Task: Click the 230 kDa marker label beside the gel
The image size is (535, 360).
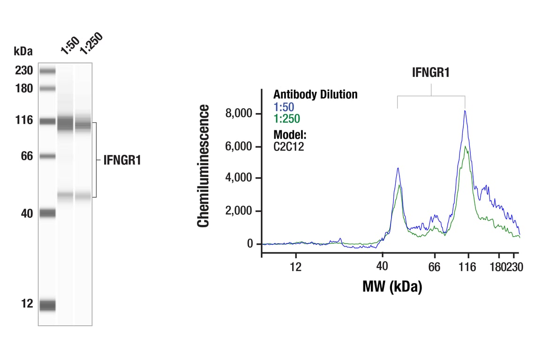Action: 23,71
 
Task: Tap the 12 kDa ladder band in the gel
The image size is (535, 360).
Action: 47,305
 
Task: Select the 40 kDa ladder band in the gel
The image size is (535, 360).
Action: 47,213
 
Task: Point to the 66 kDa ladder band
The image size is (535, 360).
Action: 47,156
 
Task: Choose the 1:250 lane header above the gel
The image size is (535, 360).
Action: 90,44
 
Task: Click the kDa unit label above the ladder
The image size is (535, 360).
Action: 23,51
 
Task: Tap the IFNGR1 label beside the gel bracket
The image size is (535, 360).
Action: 122,161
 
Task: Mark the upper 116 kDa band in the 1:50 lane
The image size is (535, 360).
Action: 65,124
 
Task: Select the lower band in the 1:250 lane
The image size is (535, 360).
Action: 83,196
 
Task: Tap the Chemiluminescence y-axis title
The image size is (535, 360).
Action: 203,166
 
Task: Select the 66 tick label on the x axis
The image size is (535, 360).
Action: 435,267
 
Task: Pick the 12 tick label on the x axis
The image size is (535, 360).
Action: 295,267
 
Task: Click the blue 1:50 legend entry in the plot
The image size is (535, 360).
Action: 284,107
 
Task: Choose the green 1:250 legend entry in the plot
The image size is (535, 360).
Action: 286,119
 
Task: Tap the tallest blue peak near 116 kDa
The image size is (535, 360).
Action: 465,111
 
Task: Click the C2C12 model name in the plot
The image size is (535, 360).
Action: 289,146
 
